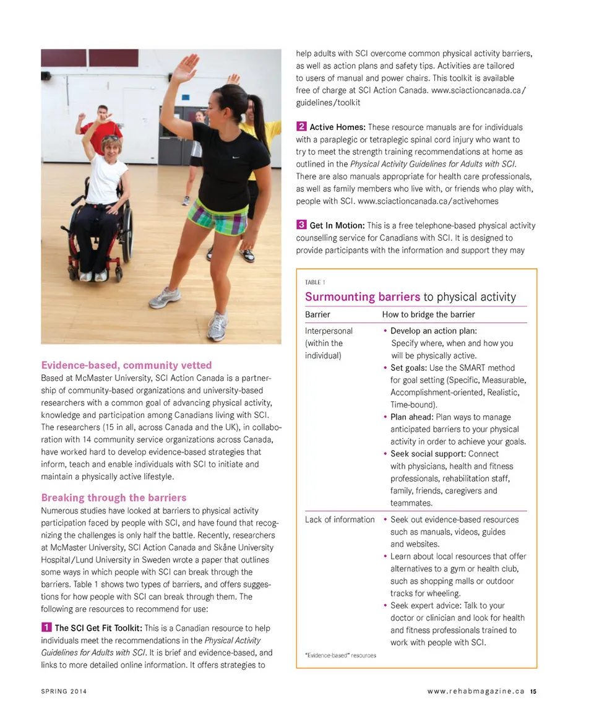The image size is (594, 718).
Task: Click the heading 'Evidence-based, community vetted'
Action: pyautogui.click(x=126, y=365)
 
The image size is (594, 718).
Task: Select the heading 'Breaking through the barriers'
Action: pyautogui.click(x=113, y=498)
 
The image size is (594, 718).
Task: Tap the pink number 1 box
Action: pyautogui.click(x=46, y=628)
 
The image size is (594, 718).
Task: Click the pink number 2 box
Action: pyautogui.click(x=301, y=127)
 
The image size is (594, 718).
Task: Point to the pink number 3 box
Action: pyautogui.click(x=301, y=225)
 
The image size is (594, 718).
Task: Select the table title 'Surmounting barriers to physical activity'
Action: pyautogui.click(x=410, y=297)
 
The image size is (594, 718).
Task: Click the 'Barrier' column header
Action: pyautogui.click(x=317, y=314)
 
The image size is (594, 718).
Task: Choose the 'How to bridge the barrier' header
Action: pyautogui.click(x=428, y=314)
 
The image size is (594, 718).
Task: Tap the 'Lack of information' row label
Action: pyautogui.click(x=340, y=519)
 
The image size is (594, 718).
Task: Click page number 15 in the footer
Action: pyautogui.click(x=533, y=691)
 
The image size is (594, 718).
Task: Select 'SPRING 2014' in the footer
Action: pyautogui.click(x=64, y=691)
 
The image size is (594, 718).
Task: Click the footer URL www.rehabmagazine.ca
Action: pyautogui.click(x=476, y=691)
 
